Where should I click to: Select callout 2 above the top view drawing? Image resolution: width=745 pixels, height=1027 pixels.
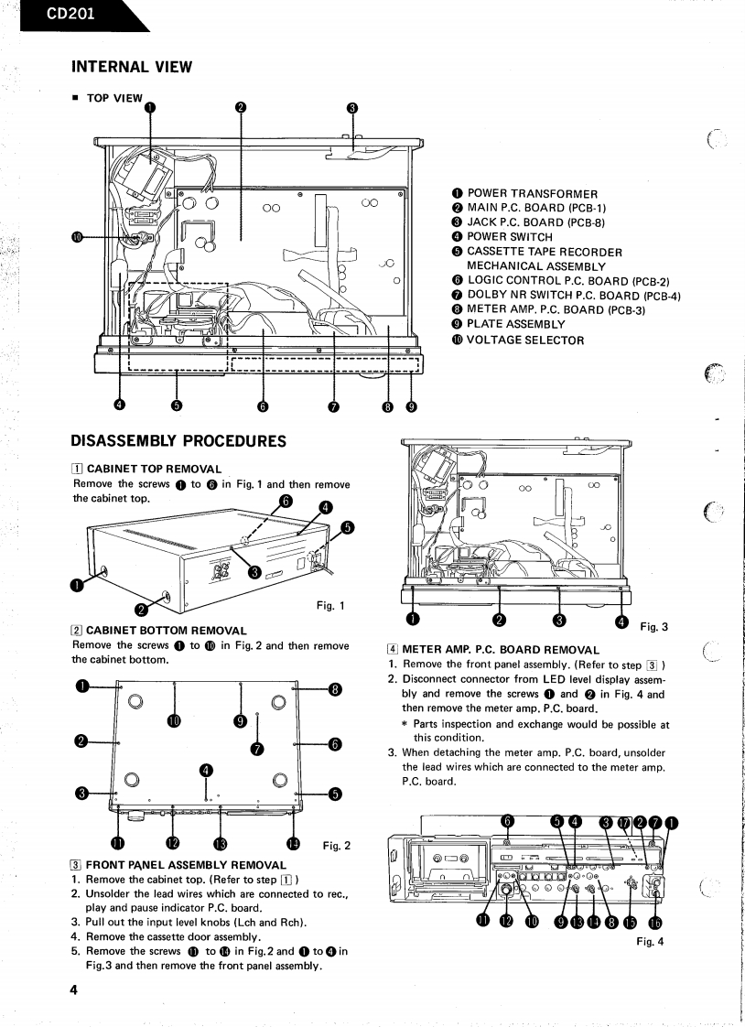(239, 107)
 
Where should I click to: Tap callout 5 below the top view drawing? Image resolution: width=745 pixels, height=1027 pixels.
(177, 405)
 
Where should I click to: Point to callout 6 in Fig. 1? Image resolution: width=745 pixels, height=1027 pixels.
(286, 501)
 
